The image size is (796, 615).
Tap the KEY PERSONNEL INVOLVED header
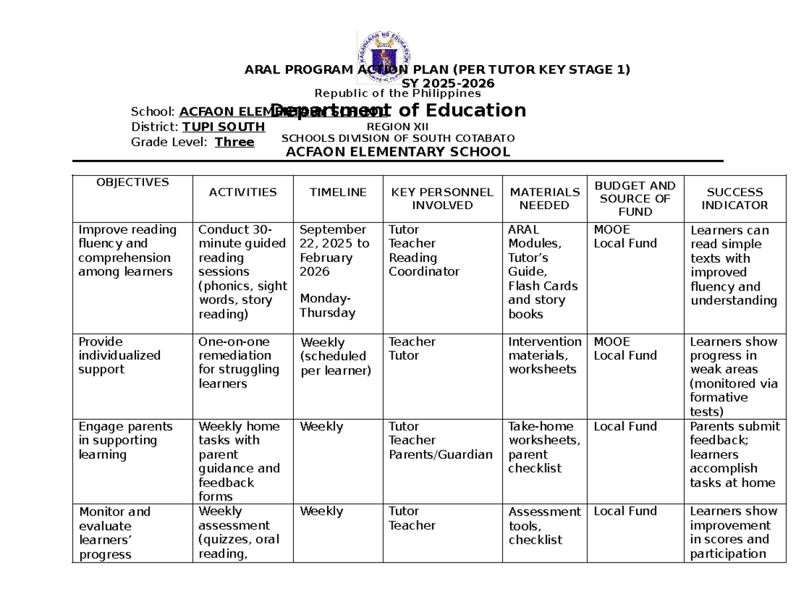[x=442, y=198]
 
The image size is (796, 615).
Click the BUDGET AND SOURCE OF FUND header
[x=635, y=198]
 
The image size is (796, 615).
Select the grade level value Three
[x=235, y=142]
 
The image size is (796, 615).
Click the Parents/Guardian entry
[x=441, y=454]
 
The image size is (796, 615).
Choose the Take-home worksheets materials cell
[x=544, y=447]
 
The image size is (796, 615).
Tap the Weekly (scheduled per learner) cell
[x=336, y=356]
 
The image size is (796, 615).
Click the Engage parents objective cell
[x=125, y=441]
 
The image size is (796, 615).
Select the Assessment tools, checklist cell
[x=544, y=525]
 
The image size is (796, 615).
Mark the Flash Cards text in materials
[x=543, y=286]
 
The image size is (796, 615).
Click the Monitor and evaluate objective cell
[x=114, y=533]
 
